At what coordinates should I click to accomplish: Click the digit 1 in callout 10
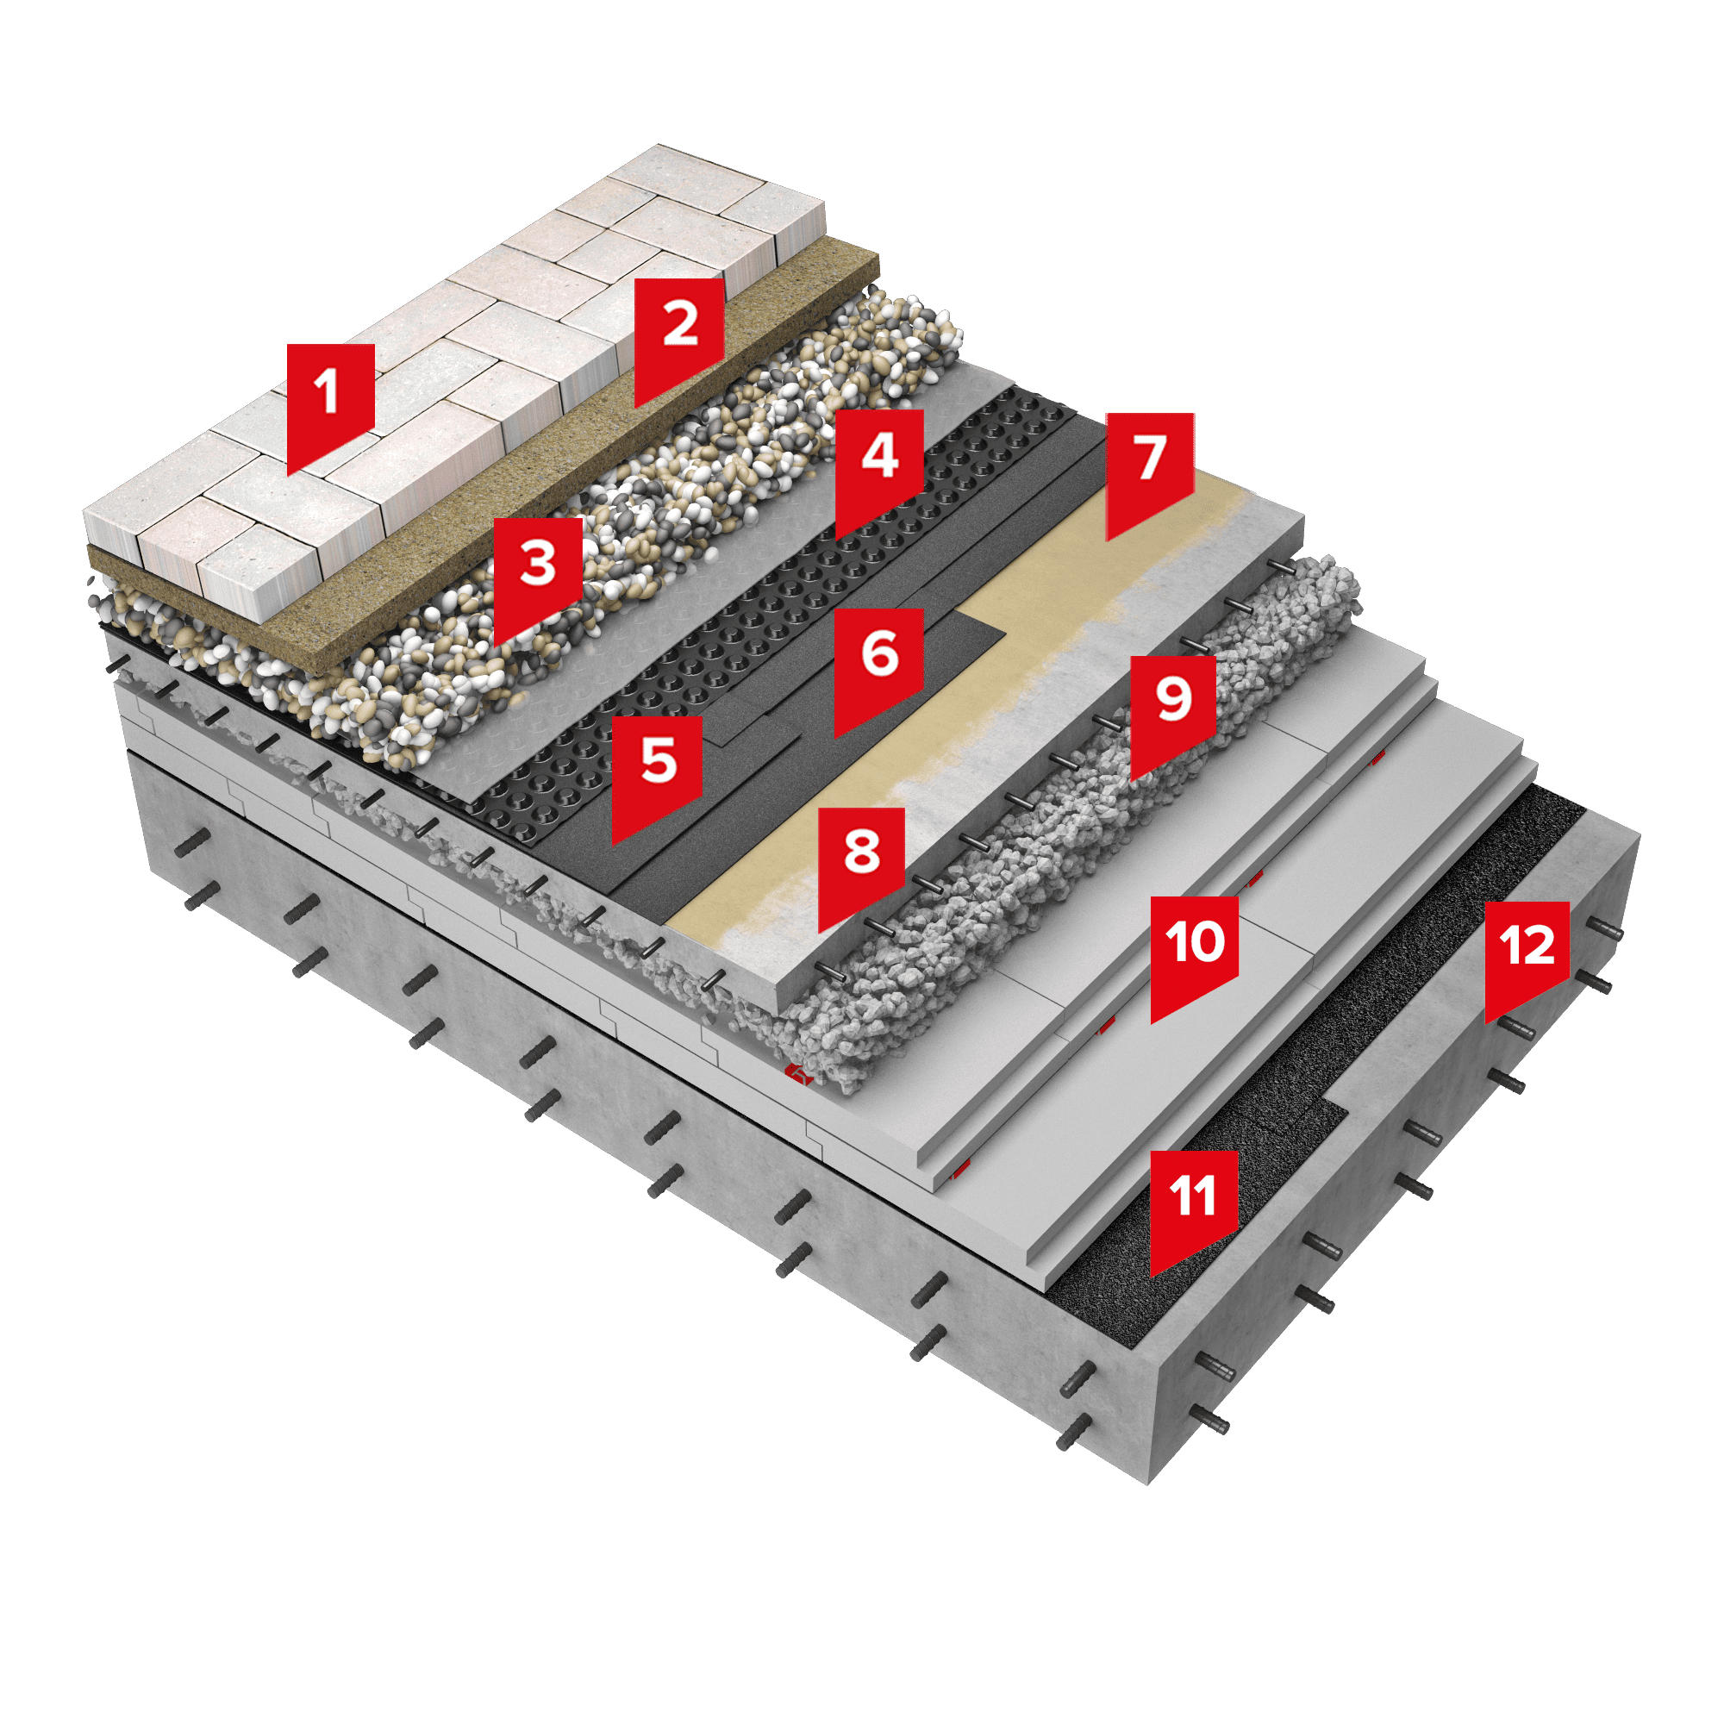click(1174, 941)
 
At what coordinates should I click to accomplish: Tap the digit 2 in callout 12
click(1539, 945)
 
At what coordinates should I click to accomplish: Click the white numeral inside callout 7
click(1150, 458)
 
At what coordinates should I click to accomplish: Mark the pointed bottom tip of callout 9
click(1132, 782)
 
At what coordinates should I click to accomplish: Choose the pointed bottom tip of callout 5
click(613, 845)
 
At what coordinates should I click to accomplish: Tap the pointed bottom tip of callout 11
click(1151, 1277)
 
